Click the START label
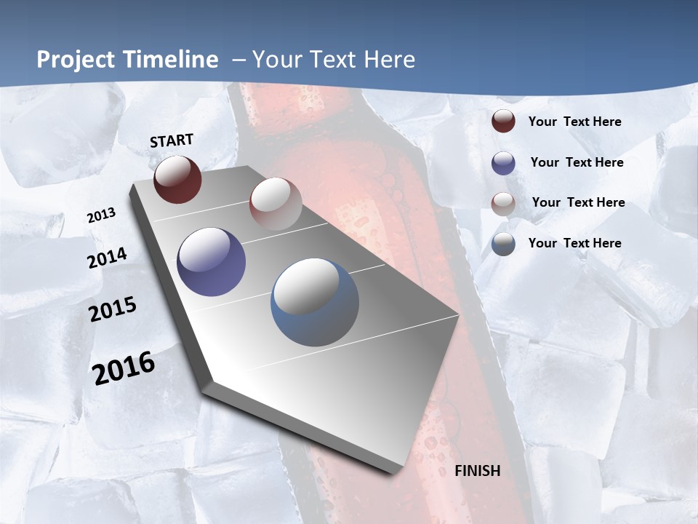[x=172, y=140]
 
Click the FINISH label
[x=477, y=471]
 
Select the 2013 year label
[x=102, y=215]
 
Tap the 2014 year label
[x=107, y=258]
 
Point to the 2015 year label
[x=113, y=309]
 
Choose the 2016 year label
[x=124, y=368]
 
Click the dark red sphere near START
[x=177, y=179]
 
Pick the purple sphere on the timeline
[x=212, y=262]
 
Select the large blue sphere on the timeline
[x=315, y=302]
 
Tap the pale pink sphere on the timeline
[x=276, y=203]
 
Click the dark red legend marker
[x=503, y=122]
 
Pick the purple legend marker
[x=503, y=163]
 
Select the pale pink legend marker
[x=503, y=204]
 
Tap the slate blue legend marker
[x=503, y=244]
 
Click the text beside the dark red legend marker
[x=574, y=122]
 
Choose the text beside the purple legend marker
[x=577, y=162]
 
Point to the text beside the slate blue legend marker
[x=574, y=243]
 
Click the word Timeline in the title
[x=172, y=60]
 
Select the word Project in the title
[x=75, y=60]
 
